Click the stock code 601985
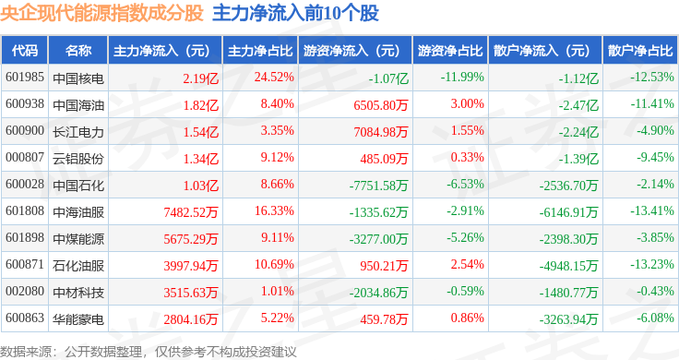[25, 78]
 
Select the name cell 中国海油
[78, 105]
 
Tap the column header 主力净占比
[260, 51]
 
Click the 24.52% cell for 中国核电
[274, 78]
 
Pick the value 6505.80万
[381, 105]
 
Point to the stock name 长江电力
[78, 132]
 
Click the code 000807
[25, 157]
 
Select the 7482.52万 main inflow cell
[191, 212]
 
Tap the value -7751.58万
[378, 186]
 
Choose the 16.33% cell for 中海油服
[274, 211]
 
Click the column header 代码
[25, 51]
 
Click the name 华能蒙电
[78, 319]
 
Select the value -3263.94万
[568, 319]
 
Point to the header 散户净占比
[640, 51]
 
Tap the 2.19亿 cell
[200, 78]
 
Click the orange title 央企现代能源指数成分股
[101, 13]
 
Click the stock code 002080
[25, 291]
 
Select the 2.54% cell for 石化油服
[467, 264]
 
